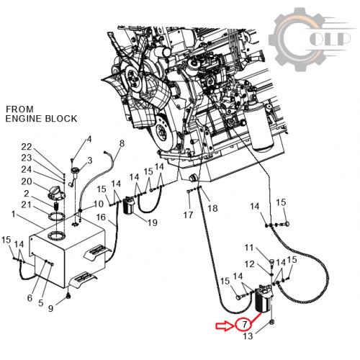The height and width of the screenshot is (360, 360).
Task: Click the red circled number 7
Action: coord(244,325)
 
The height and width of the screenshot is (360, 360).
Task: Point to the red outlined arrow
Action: coord(225,326)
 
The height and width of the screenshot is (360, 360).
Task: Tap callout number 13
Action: coord(248,336)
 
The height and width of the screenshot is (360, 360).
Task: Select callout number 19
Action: coord(153,222)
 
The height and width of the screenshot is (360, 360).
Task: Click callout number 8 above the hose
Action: coord(122,143)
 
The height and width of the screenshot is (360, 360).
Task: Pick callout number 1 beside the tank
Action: coord(14,214)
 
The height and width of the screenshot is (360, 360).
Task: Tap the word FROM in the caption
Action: coord(19,109)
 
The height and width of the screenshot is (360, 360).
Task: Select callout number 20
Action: coord(27,181)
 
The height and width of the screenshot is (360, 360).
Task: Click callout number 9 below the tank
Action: coord(50,308)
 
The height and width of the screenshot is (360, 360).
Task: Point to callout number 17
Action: coord(188,215)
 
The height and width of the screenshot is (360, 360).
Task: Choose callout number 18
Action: coord(212,208)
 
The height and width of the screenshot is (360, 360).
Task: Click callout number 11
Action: coord(249,247)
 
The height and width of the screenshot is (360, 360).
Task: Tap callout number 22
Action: coord(27,147)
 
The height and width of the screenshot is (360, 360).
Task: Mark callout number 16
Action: coord(101,217)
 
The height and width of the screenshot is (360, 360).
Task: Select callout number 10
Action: coord(98,204)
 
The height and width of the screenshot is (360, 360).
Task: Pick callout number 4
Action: coord(89,139)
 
